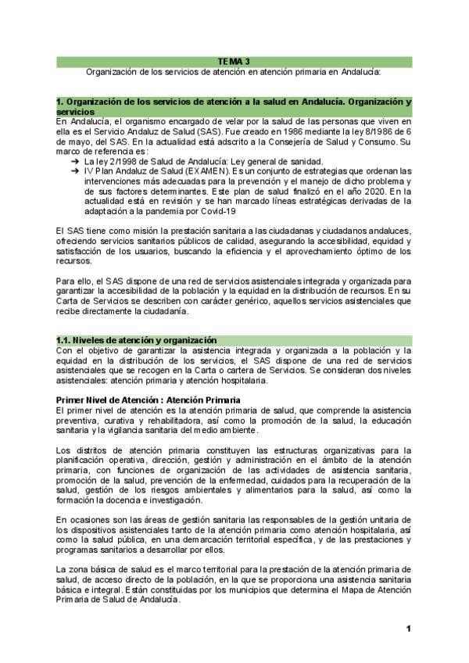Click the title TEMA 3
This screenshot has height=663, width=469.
point(234,60)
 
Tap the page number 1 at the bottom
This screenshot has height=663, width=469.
point(408,629)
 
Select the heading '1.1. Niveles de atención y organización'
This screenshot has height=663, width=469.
point(136,339)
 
